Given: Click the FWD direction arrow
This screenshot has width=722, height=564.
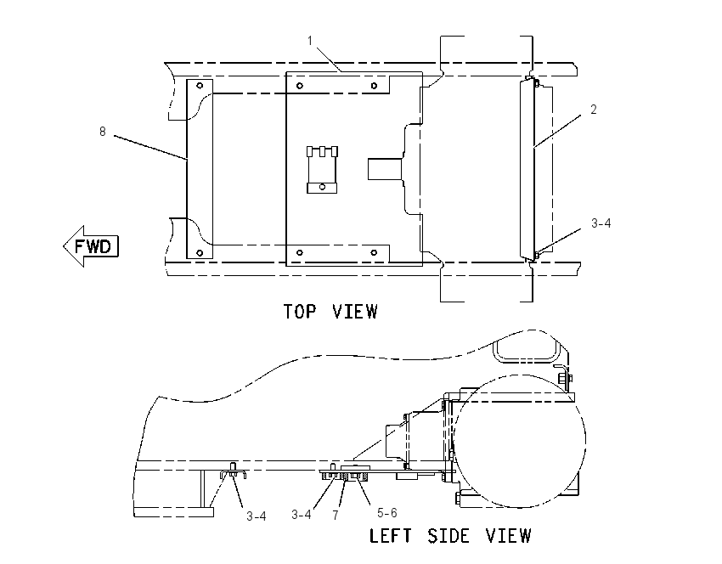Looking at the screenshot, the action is (x=91, y=246).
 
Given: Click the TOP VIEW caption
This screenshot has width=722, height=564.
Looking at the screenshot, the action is (x=330, y=312).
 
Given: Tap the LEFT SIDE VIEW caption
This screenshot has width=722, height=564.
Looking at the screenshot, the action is (x=450, y=536).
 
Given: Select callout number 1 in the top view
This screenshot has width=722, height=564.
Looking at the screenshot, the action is (x=310, y=41).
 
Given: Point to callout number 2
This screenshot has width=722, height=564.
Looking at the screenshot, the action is (x=594, y=110).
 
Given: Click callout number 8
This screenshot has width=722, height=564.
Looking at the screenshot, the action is (x=103, y=132).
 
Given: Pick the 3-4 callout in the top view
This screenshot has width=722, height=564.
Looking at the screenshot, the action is (x=601, y=223).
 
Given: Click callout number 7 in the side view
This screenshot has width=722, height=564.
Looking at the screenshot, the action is (x=336, y=516).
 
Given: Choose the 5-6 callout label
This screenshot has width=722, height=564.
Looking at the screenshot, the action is (x=386, y=513).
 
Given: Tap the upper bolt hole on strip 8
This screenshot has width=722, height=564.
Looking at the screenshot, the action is (x=200, y=86).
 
